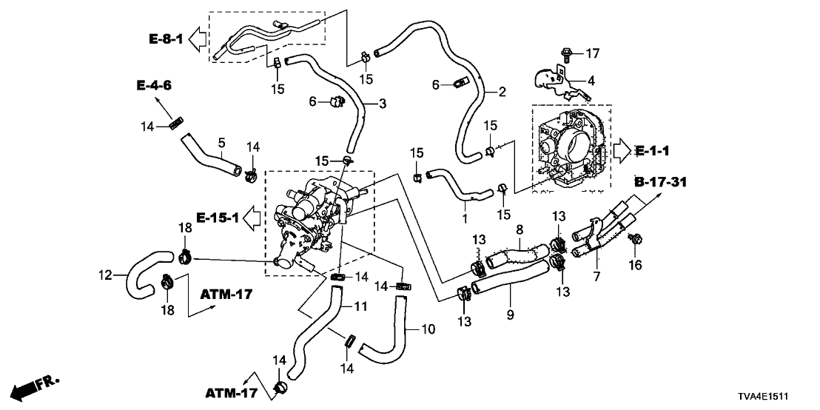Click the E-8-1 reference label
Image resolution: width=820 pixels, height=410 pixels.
click(165, 38)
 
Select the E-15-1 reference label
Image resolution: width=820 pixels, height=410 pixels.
click(217, 218)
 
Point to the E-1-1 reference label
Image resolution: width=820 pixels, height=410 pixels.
click(651, 152)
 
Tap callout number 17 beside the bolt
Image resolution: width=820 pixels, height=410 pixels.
click(592, 53)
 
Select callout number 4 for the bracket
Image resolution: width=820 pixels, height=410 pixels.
click(591, 80)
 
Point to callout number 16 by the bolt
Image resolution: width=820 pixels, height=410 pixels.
click(636, 264)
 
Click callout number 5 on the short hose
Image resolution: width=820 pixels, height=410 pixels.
click(221, 141)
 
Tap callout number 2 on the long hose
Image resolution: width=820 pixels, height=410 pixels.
click(502, 92)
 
